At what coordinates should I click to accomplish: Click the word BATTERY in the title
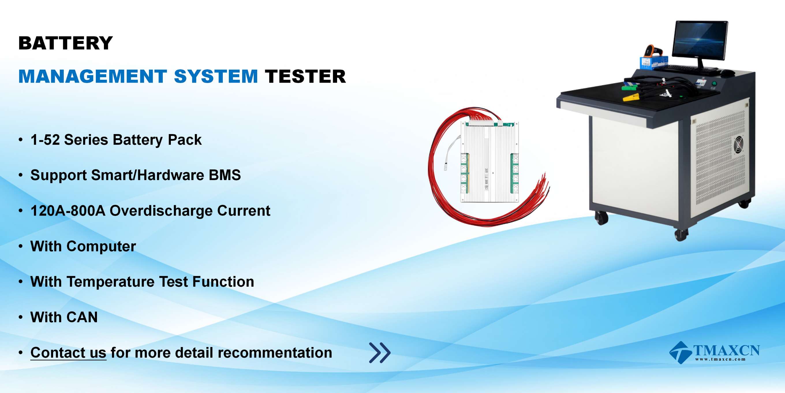point(66,43)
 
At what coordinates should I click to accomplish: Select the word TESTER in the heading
point(305,76)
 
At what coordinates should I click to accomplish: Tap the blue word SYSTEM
point(216,76)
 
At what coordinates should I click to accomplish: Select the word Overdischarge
point(161,211)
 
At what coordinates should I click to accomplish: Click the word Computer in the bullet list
point(101,246)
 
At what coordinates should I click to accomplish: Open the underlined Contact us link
point(68,353)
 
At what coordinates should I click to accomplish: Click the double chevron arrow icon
point(380,353)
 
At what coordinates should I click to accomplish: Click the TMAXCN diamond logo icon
point(680,353)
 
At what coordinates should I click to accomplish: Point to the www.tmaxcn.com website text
point(720,359)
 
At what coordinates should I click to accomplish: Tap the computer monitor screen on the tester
point(700,40)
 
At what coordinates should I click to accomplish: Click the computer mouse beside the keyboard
point(726,73)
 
